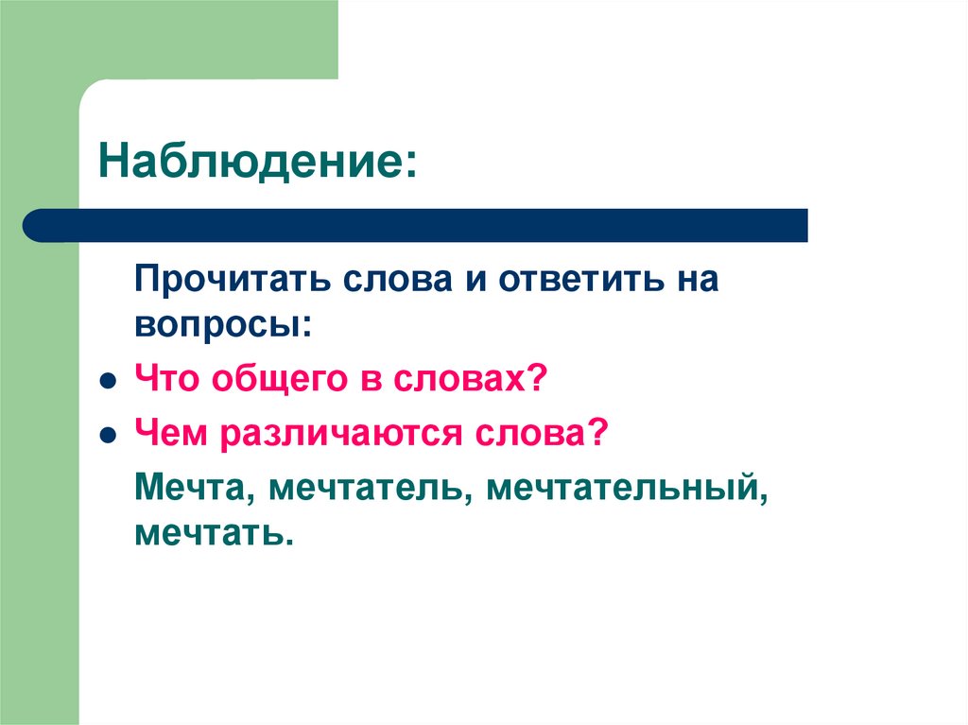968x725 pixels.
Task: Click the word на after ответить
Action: click(x=695, y=281)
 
